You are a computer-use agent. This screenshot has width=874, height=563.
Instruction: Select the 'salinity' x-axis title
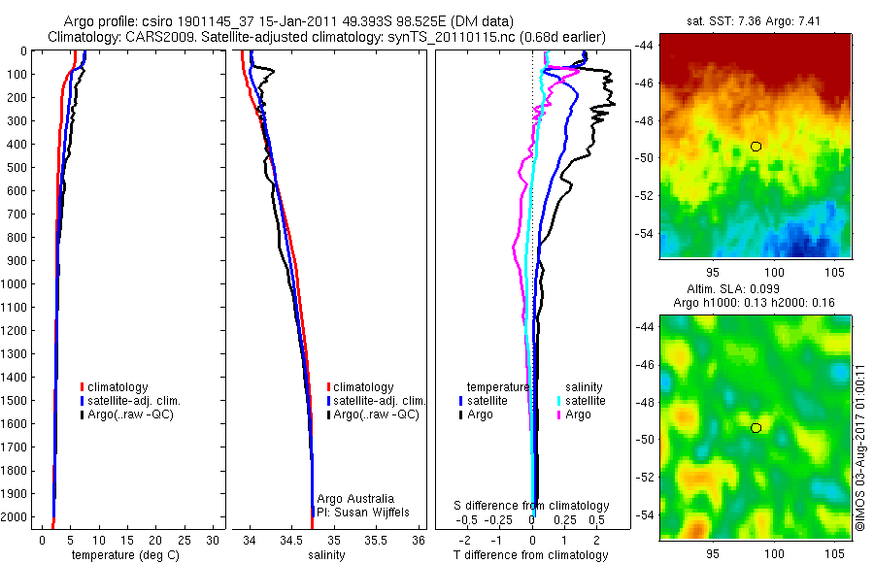coord(327,555)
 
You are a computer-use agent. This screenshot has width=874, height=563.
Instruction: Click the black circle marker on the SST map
coord(756,147)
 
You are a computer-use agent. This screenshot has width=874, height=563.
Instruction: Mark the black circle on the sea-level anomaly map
coord(756,427)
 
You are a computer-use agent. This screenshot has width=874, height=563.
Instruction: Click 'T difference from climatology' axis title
coord(531,555)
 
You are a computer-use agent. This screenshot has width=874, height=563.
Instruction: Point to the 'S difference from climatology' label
coord(532,506)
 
